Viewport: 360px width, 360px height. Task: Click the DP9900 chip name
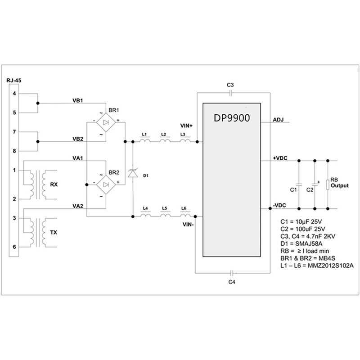[x=232, y=118]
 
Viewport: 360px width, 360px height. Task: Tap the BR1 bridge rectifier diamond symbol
[x=106, y=122]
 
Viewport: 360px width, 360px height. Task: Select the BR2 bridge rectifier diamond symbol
[x=106, y=185]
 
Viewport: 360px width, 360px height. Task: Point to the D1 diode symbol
[x=133, y=173]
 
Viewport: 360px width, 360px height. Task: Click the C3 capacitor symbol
[x=231, y=93]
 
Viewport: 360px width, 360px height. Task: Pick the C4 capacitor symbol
[x=232, y=273]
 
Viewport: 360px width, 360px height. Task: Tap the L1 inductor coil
[x=145, y=140]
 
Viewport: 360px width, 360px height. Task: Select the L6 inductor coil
[x=185, y=215]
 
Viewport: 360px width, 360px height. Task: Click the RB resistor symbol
[x=328, y=185]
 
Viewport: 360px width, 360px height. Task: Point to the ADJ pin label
[x=278, y=120]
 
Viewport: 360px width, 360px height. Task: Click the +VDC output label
[x=280, y=158]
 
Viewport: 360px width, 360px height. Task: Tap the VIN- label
[x=188, y=225]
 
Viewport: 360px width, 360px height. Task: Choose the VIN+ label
[x=186, y=126]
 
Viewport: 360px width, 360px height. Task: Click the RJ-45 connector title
[x=14, y=81]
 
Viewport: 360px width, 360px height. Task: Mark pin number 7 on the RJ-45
[x=14, y=132]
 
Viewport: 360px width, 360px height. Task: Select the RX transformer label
[x=54, y=184]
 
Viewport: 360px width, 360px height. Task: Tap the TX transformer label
[x=54, y=233]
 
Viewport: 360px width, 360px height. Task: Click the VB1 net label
[x=78, y=100]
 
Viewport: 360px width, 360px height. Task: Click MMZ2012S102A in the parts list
[x=331, y=265]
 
